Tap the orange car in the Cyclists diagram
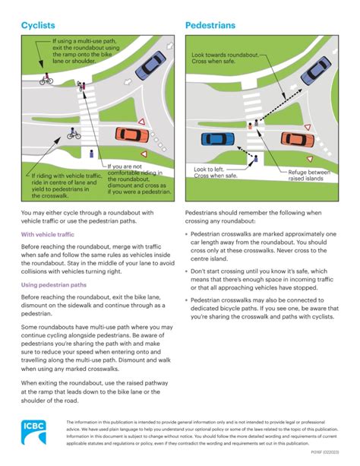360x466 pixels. coord(131,135)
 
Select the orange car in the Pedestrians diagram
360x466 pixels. coord(297,138)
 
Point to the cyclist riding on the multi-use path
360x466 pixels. coord(47,78)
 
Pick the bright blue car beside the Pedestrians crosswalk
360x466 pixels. coord(218,138)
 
